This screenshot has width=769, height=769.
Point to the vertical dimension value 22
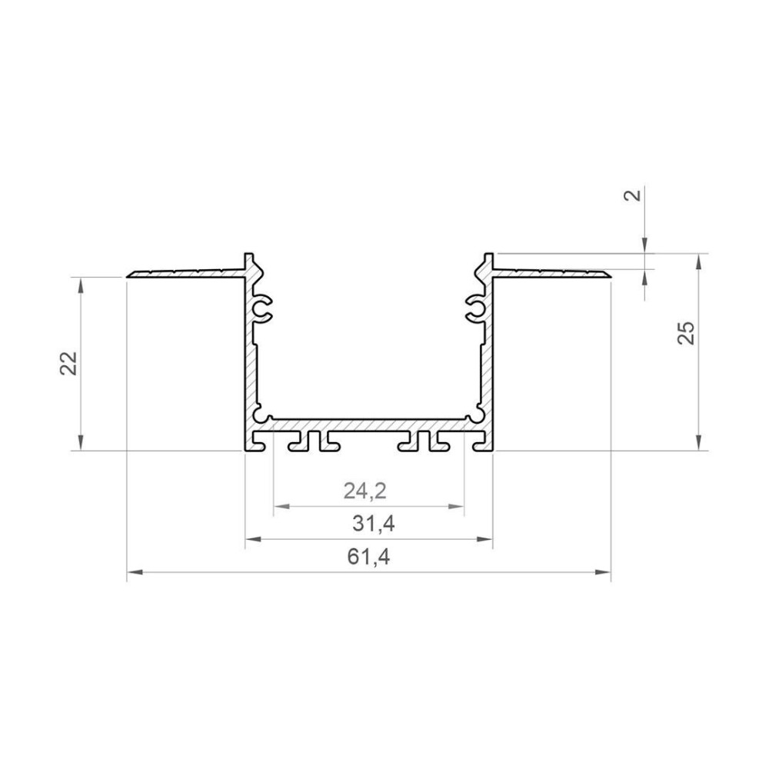(x=69, y=363)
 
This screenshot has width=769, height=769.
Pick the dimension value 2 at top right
(x=633, y=195)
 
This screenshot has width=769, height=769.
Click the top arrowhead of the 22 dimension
(x=81, y=284)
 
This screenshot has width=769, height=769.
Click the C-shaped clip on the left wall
(x=263, y=309)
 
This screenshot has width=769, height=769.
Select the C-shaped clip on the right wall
(x=474, y=309)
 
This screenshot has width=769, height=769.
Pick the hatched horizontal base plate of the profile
(x=369, y=424)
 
